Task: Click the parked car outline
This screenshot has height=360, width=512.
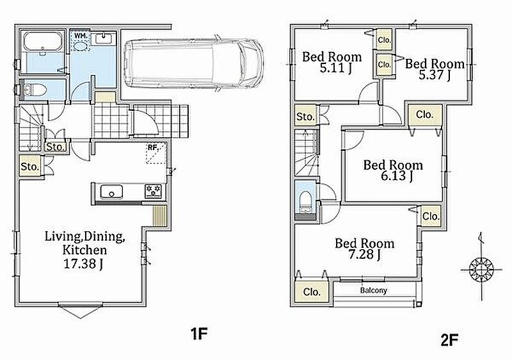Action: pyautogui.click(x=194, y=63)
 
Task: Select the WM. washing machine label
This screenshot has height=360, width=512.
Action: pyautogui.click(x=81, y=35)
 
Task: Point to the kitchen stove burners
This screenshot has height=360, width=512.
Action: pyautogui.click(x=153, y=191)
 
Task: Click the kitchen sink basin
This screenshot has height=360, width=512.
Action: pyautogui.click(x=111, y=192)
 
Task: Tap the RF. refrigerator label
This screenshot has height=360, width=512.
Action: pyautogui.click(x=153, y=147)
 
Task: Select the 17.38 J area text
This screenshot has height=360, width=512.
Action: pyautogui.click(x=83, y=264)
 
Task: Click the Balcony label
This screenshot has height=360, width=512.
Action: pyautogui.click(x=374, y=290)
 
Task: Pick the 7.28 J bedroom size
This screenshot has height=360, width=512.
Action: pyautogui.click(x=364, y=254)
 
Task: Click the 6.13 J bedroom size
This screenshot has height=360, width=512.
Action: pyautogui.click(x=397, y=176)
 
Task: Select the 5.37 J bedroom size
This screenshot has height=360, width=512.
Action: pyautogui.click(x=435, y=75)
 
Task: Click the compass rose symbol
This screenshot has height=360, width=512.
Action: pyautogui.click(x=481, y=270)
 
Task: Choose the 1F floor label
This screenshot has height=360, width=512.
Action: pyautogui.click(x=199, y=334)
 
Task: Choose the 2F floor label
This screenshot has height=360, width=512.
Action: pyautogui.click(x=449, y=340)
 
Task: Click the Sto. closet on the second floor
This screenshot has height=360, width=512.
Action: pyautogui.click(x=305, y=116)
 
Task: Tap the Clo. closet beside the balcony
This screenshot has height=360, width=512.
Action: pyautogui.click(x=312, y=291)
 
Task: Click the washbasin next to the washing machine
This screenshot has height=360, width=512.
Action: pyautogui.click(x=104, y=39)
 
